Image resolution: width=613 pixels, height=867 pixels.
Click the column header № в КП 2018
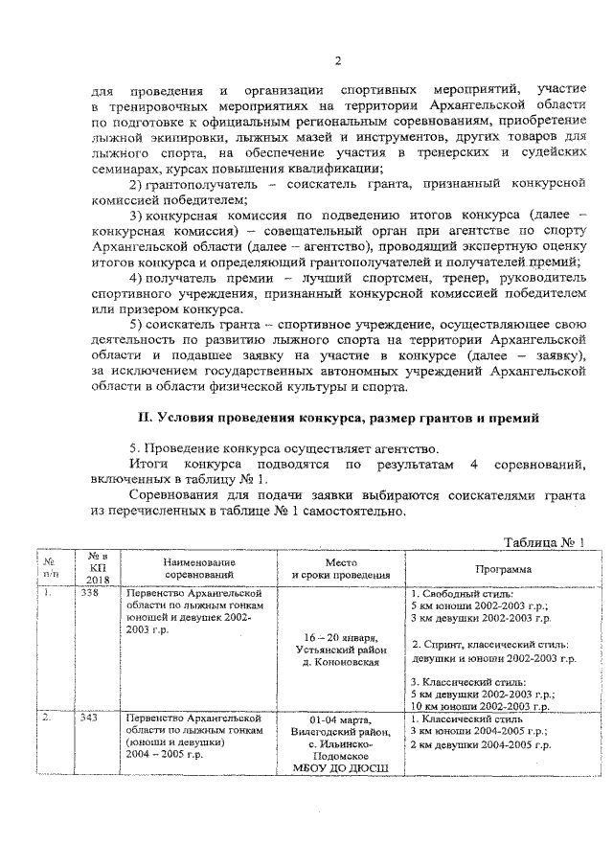pos(98,566)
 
